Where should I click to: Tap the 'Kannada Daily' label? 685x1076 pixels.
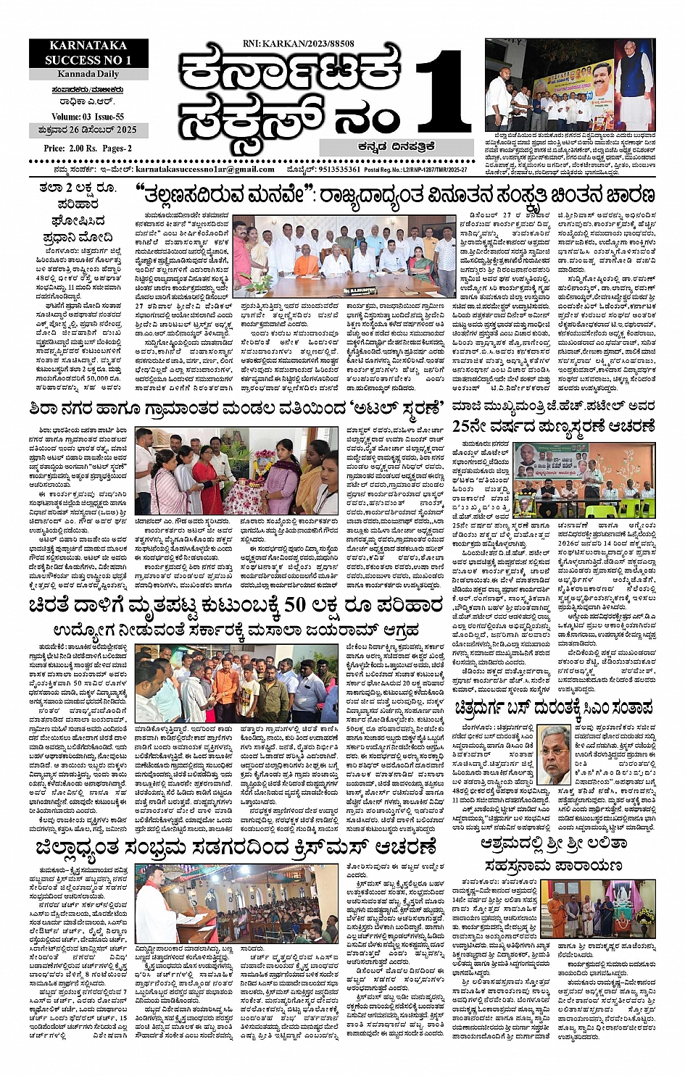(88, 74)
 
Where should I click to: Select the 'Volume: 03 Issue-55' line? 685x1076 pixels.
(88, 117)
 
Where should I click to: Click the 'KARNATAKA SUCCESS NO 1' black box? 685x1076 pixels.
(88, 54)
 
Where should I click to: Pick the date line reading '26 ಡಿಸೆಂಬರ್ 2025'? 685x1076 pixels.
(88, 131)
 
